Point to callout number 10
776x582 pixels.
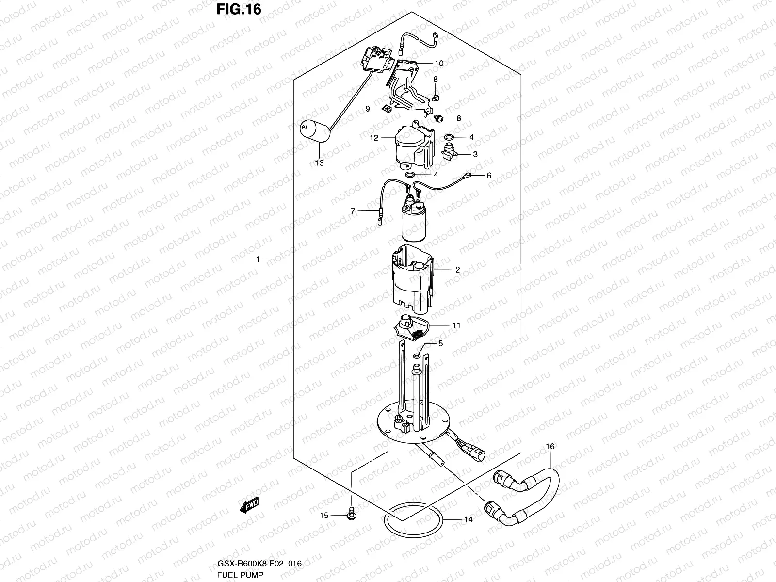click(439, 63)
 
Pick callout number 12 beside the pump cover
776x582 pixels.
click(373, 138)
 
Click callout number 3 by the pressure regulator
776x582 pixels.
click(475, 154)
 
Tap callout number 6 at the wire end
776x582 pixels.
click(488, 175)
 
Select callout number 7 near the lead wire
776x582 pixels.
click(353, 211)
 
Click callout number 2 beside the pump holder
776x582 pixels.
click(457, 270)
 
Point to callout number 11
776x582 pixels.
click(456, 325)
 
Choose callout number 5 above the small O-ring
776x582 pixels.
click(440, 344)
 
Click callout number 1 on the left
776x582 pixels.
click(258, 259)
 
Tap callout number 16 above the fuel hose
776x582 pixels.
click(550, 446)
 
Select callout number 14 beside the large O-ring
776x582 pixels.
click(468, 520)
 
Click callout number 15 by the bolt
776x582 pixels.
click(323, 515)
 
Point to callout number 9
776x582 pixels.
click(368, 109)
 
